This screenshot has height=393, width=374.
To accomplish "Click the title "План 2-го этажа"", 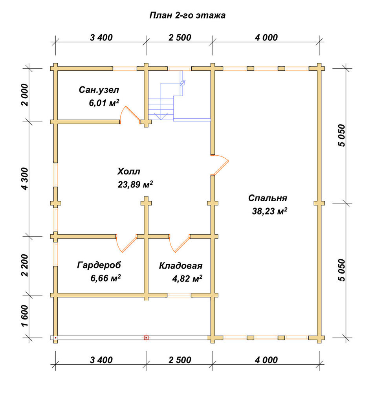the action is tap(187, 16).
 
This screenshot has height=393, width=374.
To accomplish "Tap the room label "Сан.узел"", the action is tap(99, 90).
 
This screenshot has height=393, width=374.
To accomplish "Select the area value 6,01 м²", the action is tap(104, 103).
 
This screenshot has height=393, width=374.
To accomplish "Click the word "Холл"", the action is tap(129, 172).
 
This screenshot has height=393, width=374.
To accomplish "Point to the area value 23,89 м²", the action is tap(135, 184).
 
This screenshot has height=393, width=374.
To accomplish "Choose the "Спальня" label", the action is tap(268, 198).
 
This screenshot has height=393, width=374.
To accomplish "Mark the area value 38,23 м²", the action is tap(269, 211).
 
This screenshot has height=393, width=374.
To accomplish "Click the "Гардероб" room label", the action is tap(99, 265).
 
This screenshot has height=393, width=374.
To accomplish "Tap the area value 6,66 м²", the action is tap(105, 278).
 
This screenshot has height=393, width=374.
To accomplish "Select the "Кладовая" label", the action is tap(181, 266).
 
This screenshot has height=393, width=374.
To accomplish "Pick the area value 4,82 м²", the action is tap(187, 278).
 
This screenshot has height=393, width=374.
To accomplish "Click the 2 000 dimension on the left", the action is tap(25, 95).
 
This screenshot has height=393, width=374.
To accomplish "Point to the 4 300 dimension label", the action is tap(25, 179).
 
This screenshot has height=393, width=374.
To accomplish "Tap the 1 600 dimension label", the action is tap(25, 316).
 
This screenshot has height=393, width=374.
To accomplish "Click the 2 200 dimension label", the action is tap(25, 265).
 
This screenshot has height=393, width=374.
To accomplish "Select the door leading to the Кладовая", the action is tap(180, 244).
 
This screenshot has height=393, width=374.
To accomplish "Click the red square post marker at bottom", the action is tap(146, 338).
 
